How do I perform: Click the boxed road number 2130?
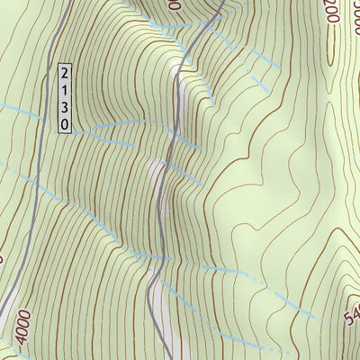click(x=63, y=99)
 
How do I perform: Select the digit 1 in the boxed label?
click(x=63, y=90)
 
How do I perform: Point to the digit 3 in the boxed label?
click(x=63, y=107)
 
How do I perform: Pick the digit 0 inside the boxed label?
click(x=63, y=124)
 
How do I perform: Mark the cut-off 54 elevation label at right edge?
click(x=352, y=314)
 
